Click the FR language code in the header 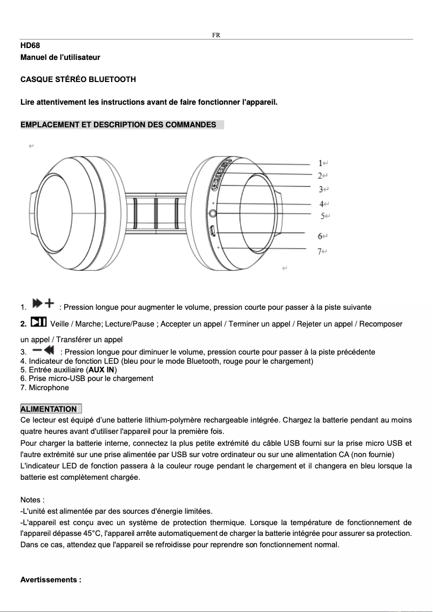216,35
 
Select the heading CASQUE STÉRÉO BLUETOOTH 78,79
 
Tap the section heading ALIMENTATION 49,409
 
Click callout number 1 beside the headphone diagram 321,163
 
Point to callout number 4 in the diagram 321,204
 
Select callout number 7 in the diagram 320,251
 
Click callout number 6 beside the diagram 320,236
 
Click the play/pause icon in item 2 38,323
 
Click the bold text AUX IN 102,370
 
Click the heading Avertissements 50,580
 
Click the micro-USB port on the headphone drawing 213,231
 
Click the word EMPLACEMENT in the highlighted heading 48,125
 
